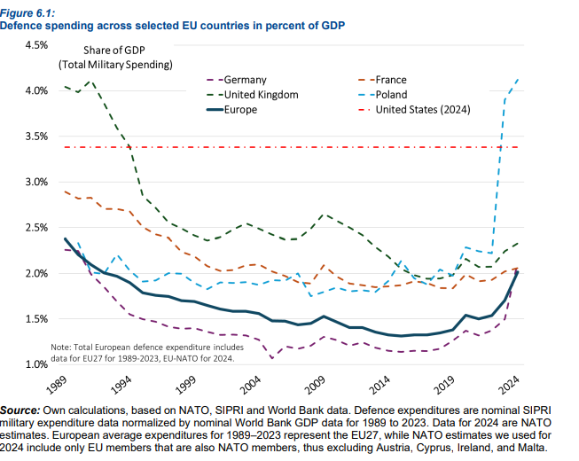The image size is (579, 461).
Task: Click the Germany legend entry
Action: pyautogui.click(x=246, y=79)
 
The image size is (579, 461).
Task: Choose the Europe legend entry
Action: pyautogui.click(x=241, y=109)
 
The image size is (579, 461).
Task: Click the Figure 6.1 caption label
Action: pyautogui.click(x=26, y=11)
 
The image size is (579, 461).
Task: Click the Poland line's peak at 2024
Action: pyautogui.click(x=518, y=79)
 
